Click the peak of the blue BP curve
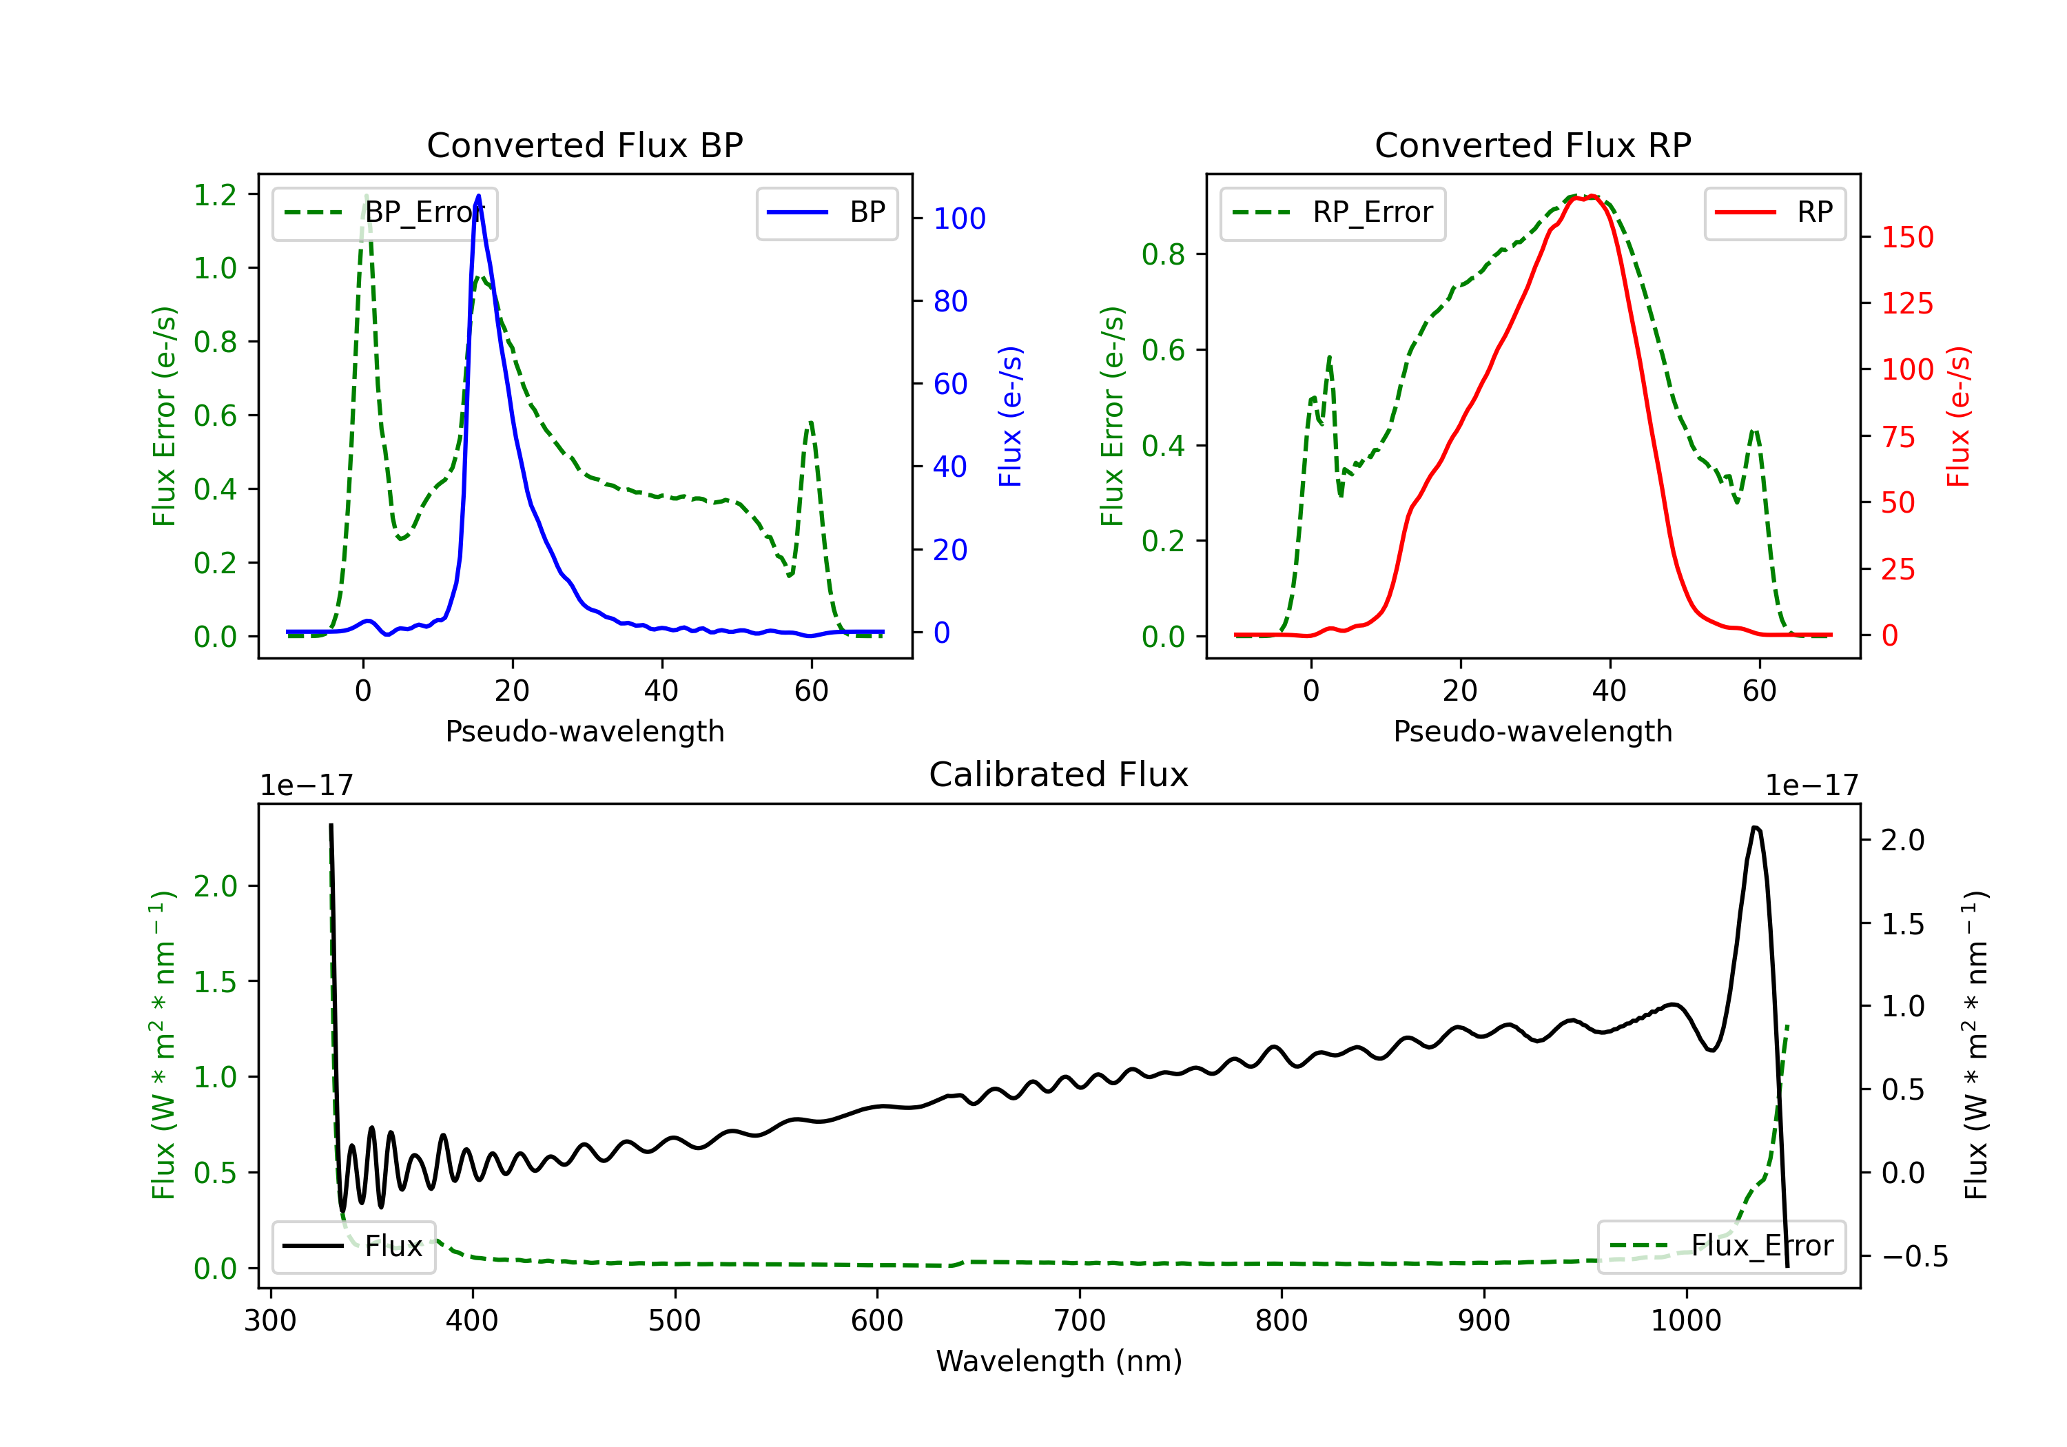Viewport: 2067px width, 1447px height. tap(478, 196)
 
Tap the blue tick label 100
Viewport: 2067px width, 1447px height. tap(959, 219)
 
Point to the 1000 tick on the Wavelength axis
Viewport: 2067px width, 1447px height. tap(1685, 1321)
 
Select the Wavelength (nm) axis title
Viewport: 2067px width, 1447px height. tap(1059, 1361)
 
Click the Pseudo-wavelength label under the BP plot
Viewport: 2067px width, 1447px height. tap(584, 731)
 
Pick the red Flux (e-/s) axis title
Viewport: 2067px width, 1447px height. tap(1958, 416)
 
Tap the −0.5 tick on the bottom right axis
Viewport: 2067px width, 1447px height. tap(1914, 1257)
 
